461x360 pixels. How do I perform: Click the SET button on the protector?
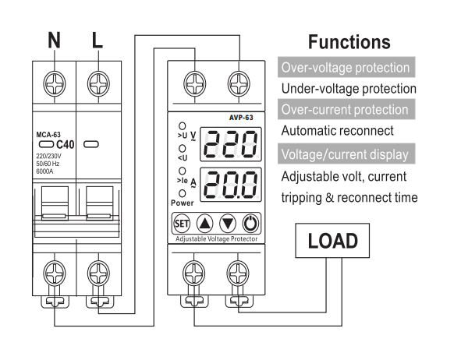click(x=182, y=224)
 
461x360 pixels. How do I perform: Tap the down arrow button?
click(x=228, y=224)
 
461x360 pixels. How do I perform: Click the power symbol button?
click(x=250, y=224)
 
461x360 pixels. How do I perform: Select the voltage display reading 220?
click(x=231, y=144)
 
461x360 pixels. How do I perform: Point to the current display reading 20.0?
click(x=231, y=185)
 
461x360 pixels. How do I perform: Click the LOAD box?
click(x=332, y=241)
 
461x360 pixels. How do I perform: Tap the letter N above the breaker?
click(x=54, y=40)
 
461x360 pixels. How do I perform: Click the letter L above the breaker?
click(x=98, y=40)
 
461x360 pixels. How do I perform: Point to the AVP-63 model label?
click(x=241, y=118)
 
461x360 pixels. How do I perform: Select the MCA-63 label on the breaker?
click(x=48, y=135)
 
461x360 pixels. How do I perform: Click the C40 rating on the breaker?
click(x=65, y=144)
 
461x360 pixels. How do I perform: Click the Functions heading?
click(x=349, y=42)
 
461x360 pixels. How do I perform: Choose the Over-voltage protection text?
click(x=346, y=68)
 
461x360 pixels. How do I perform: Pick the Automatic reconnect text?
click(x=337, y=131)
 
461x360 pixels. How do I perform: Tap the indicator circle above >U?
click(x=183, y=126)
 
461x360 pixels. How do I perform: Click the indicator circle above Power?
click(x=183, y=193)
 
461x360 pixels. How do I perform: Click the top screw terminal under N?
click(x=55, y=83)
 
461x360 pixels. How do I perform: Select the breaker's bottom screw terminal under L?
click(x=98, y=273)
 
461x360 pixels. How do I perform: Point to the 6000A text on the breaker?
click(x=44, y=171)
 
